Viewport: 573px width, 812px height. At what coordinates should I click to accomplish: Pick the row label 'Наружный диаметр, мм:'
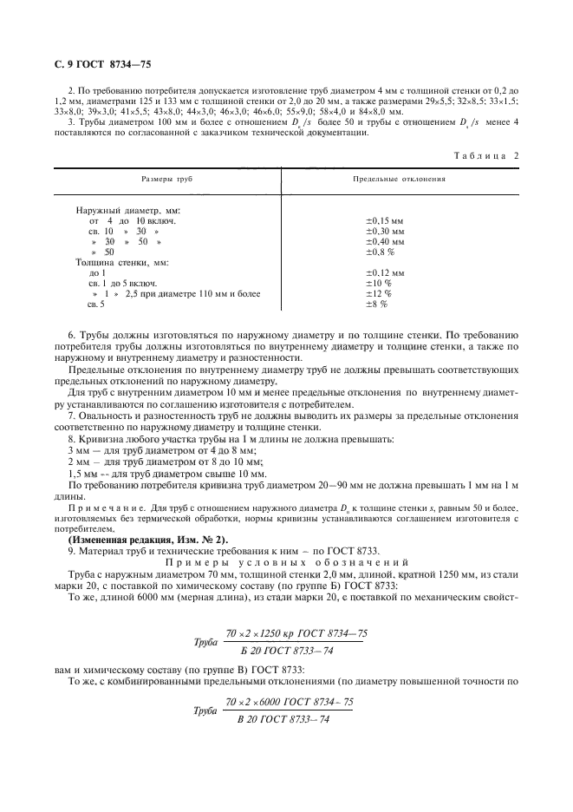point(127,211)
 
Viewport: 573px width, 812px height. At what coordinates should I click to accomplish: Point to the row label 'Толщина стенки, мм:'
point(121,262)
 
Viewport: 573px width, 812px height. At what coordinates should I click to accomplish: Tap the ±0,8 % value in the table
point(380,252)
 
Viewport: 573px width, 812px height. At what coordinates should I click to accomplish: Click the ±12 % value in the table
point(377,294)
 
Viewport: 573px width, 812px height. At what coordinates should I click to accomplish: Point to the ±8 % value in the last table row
point(375,304)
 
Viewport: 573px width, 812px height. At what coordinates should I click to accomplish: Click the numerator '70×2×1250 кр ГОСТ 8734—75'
point(296,633)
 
